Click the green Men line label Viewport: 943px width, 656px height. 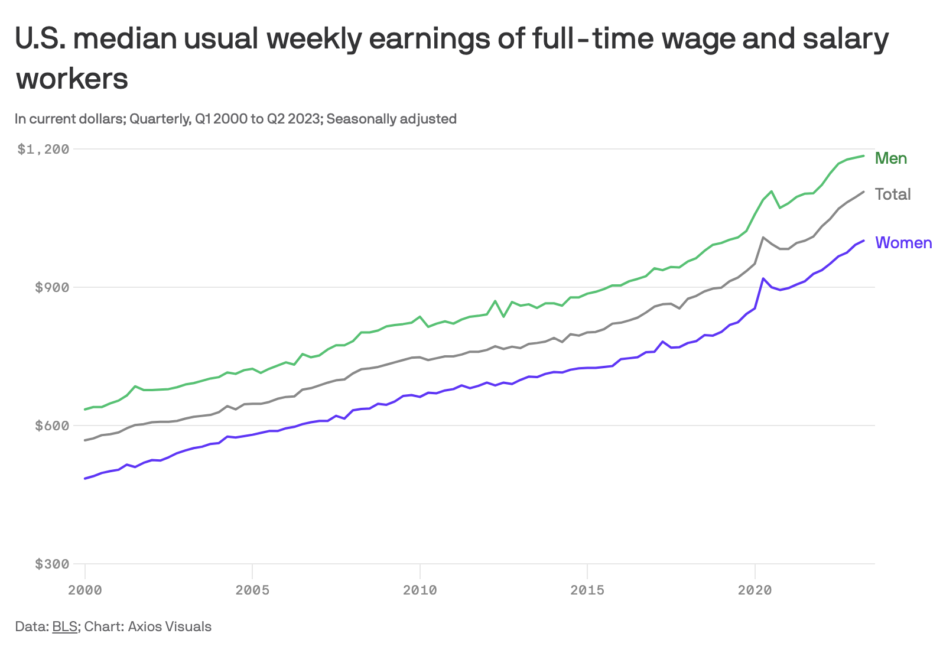point(890,158)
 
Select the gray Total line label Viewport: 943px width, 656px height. point(892,194)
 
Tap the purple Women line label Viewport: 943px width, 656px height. point(903,243)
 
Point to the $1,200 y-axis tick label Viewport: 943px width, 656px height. point(43,149)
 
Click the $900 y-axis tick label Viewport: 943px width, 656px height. point(52,288)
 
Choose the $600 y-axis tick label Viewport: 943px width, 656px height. point(52,426)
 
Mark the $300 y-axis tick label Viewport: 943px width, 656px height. point(52,564)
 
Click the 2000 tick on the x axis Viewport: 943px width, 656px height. point(85,590)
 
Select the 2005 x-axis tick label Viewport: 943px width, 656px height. point(252,590)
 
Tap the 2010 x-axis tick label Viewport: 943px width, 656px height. point(420,590)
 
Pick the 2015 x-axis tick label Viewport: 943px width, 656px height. point(587,590)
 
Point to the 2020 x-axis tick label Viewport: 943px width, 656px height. point(755,590)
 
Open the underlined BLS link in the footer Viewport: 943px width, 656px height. point(64,626)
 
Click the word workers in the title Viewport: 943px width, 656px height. point(71,79)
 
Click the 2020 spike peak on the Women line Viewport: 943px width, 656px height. point(763,278)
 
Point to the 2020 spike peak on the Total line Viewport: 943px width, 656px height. point(763,238)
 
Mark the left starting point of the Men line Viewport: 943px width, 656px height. point(85,410)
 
